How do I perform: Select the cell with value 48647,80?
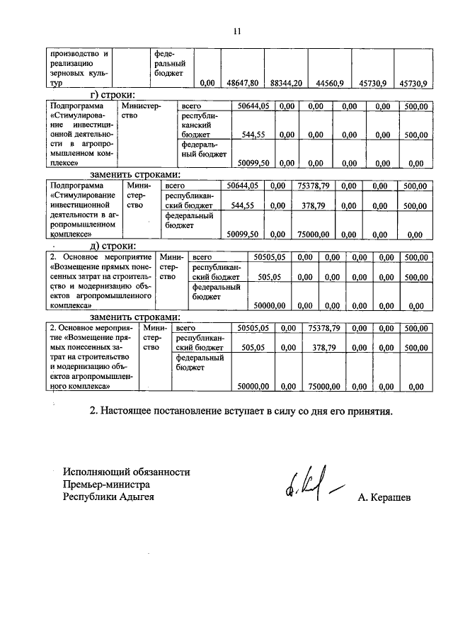(x=242, y=83)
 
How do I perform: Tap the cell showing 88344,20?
(x=286, y=83)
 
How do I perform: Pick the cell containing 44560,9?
(x=329, y=83)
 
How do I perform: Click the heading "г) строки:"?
(x=113, y=94)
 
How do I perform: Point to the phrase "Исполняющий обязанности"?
(x=126, y=472)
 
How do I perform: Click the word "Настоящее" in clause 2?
(x=130, y=410)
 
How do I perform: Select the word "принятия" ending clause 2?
(x=368, y=410)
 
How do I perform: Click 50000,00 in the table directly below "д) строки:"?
(x=269, y=306)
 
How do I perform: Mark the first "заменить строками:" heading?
(x=135, y=174)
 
